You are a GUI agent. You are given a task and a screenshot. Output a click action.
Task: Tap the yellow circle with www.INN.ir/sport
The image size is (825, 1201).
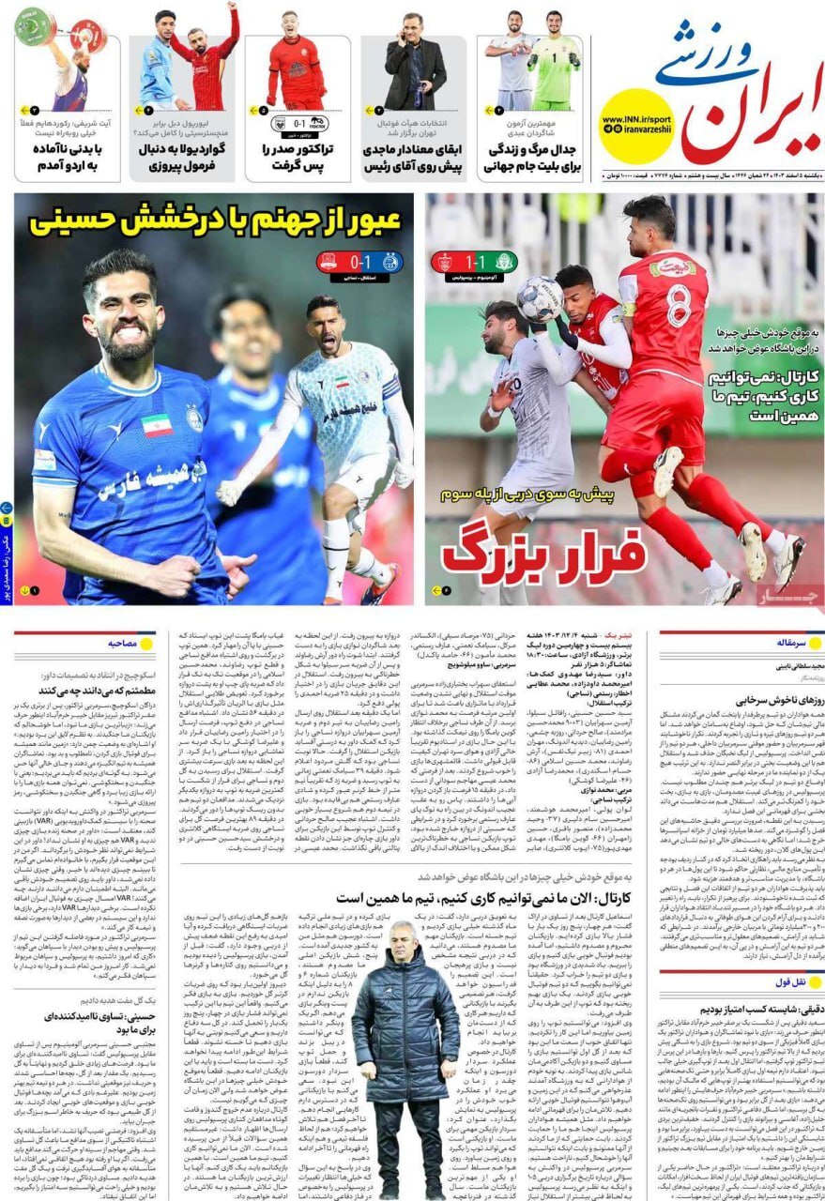[x=635, y=126]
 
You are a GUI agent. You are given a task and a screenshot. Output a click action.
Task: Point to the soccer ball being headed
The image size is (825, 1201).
[x=540, y=299]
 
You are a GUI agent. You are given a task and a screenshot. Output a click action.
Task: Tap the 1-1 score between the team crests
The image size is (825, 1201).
[x=469, y=262]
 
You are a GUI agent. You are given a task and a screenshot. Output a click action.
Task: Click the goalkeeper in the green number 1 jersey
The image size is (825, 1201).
[x=556, y=61]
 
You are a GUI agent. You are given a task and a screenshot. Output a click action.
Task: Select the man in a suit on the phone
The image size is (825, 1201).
[x=415, y=61]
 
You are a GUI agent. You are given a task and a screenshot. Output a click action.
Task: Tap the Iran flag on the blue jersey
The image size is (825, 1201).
[x=157, y=425]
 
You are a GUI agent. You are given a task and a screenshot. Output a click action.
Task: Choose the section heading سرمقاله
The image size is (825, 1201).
[x=784, y=644]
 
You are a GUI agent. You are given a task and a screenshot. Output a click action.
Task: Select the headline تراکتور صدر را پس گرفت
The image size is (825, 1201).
[x=298, y=157]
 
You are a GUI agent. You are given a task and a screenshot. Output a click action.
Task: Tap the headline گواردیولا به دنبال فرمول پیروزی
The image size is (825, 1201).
[x=181, y=157]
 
